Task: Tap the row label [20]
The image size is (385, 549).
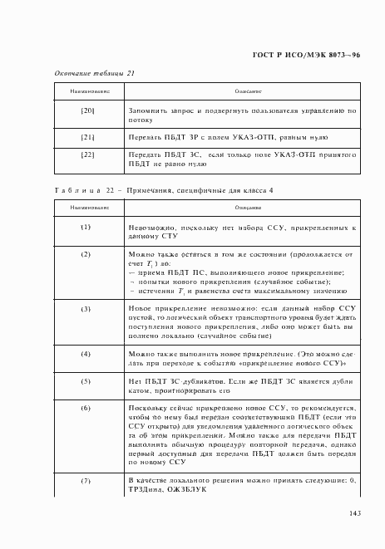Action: (x=86, y=110)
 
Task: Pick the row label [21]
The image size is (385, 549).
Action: (x=86, y=135)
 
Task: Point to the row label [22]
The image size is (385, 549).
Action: (x=86, y=154)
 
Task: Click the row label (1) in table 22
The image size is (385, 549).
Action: (x=86, y=226)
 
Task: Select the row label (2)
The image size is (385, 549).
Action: (x=86, y=252)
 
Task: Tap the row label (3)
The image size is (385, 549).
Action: (x=86, y=308)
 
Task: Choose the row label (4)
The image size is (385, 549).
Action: (x=86, y=353)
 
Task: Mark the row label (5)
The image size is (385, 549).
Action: (x=86, y=380)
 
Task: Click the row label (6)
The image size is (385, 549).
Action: (x=86, y=408)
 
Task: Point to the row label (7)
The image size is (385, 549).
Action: (x=86, y=481)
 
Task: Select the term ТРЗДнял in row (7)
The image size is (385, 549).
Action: (x=146, y=490)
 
